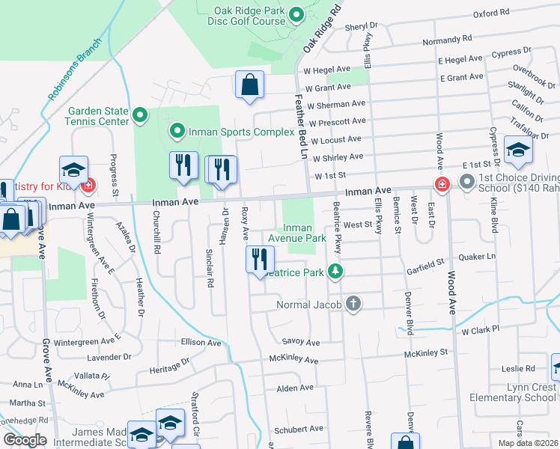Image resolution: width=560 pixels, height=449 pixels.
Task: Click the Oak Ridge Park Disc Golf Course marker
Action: pos(296,13)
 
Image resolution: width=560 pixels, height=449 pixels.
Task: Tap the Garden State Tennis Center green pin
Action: pos(140,115)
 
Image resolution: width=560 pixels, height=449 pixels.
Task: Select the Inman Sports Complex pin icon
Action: pos(177,132)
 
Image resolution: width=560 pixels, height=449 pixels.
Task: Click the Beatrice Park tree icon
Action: pos(337,272)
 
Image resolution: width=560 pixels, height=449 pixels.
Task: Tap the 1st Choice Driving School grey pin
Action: pos(467,181)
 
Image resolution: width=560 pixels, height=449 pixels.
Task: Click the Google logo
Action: pos(25,440)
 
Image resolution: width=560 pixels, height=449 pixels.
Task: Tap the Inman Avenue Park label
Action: pos(305,233)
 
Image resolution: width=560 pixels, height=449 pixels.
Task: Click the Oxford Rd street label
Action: pos(490,13)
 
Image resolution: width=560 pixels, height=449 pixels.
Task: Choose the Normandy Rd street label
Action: pos(447,38)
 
